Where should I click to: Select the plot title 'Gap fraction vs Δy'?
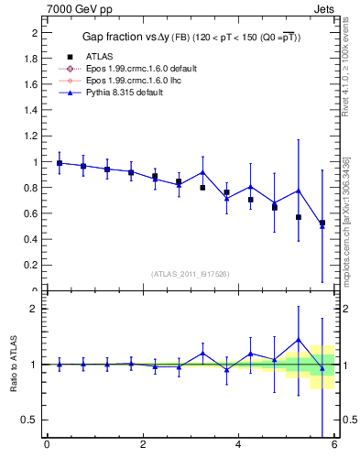tap(139, 37)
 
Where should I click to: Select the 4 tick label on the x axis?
tap(238, 445)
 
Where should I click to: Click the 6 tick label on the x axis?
tap(334, 445)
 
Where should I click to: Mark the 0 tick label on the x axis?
tap(47, 445)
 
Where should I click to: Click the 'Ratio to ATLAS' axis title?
tap(12, 364)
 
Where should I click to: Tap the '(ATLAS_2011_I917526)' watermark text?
tap(190, 274)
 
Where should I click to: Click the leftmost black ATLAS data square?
tap(60, 163)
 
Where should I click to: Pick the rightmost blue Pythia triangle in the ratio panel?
tap(322, 368)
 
